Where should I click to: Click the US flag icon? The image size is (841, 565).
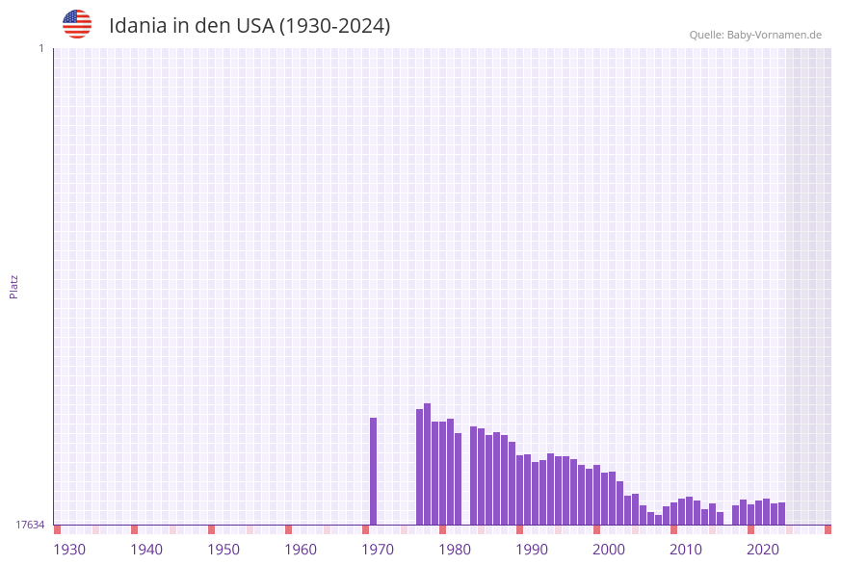point(77,24)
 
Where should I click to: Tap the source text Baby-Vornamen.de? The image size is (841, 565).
point(774,35)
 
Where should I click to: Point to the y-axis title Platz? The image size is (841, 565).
point(13,287)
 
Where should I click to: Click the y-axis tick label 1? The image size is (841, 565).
point(41,48)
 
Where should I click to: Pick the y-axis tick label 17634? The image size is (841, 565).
point(30,525)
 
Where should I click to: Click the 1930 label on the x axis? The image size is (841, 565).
point(69,550)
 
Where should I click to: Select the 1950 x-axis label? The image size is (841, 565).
point(223,550)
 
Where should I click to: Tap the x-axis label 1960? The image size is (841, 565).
point(301,550)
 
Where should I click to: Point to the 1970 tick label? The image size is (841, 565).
point(378,550)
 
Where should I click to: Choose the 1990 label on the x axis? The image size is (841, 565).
point(532,550)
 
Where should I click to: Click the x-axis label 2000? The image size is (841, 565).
point(609,550)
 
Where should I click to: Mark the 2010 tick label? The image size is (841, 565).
point(686,550)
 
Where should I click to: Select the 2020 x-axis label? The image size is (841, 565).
point(763,550)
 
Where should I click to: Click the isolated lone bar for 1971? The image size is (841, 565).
point(374,472)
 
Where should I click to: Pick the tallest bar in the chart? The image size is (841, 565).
point(427,464)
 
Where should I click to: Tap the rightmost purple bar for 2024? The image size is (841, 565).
point(781,514)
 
